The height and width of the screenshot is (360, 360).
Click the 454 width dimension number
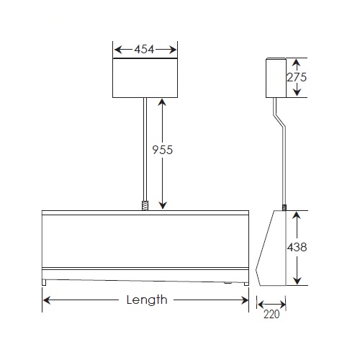(146, 50)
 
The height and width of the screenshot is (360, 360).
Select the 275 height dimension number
(297, 78)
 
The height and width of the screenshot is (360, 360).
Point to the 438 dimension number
(297, 247)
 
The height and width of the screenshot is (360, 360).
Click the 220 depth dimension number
(271, 314)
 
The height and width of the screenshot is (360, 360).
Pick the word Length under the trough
(146, 300)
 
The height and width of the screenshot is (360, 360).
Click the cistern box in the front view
(146, 78)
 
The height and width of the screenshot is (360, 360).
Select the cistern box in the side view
(275, 78)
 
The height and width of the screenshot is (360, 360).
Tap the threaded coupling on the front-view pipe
(146, 205)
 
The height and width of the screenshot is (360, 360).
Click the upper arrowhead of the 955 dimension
(163, 102)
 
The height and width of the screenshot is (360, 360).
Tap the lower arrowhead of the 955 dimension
(163, 205)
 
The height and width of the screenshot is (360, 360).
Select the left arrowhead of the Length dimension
(47, 300)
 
